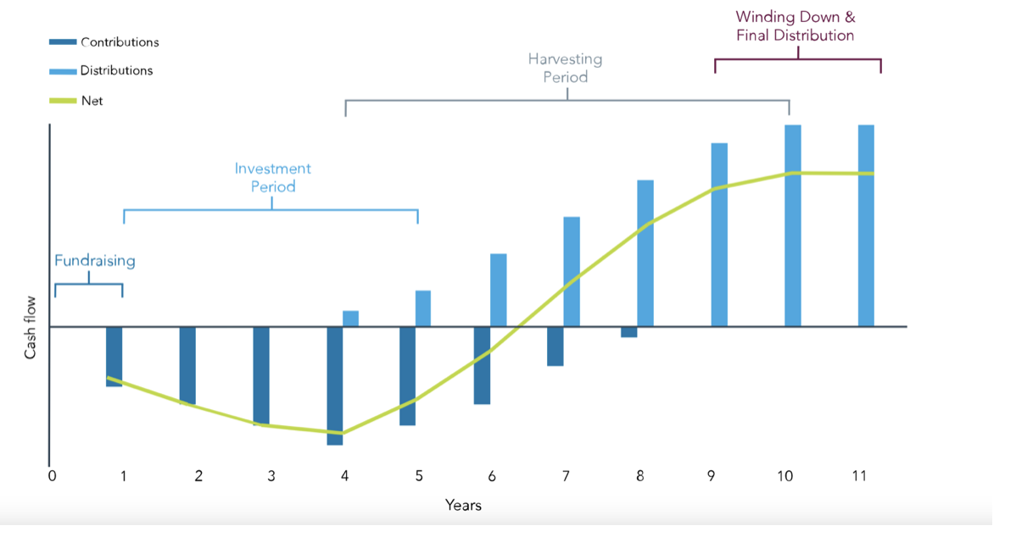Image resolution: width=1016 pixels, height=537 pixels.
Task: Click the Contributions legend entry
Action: click(120, 42)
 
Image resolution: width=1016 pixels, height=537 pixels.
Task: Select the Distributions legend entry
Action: click(117, 70)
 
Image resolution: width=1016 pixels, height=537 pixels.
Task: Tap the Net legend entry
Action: click(92, 101)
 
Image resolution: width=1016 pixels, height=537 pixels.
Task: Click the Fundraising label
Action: click(95, 261)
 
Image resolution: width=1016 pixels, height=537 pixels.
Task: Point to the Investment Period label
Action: click(273, 177)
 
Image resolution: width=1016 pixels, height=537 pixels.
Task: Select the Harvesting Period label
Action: click(565, 68)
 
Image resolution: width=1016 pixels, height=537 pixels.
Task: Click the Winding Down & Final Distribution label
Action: click(795, 26)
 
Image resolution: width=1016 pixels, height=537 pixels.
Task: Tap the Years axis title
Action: click(463, 506)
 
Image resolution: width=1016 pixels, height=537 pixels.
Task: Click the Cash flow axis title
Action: click(31, 327)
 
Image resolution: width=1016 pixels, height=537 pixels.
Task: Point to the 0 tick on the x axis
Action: click(52, 476)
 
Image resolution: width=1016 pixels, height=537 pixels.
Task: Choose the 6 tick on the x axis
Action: click(492, 476)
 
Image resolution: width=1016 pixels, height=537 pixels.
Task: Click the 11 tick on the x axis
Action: click(859, 476)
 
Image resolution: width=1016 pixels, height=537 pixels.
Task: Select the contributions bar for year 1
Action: click(114, 357)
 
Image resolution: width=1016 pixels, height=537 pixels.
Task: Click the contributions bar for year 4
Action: click(335, 385)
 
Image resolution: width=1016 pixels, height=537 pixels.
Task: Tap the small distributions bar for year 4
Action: click(350, 318)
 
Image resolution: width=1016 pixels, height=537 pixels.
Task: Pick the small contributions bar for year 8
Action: click(628, 332)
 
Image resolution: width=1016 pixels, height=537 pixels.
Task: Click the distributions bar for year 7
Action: click(572, 271)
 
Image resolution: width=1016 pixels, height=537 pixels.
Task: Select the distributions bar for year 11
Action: click(866, 225)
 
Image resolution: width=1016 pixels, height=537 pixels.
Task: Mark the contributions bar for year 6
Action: click(482, 365)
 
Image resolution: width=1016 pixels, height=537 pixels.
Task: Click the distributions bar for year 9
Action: click(719, 235)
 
